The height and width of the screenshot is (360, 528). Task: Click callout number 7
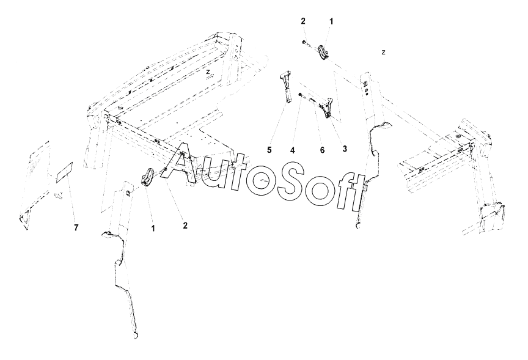coord(76,227)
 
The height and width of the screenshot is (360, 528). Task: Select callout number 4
coord(293,149)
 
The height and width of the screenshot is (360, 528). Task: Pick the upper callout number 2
coord(303,21)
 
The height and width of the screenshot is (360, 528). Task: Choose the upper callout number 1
coord(331,21)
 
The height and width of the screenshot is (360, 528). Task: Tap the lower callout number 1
coord(153,229)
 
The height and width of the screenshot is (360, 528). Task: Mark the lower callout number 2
coord(185,226)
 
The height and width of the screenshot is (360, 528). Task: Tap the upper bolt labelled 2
coord(304,42)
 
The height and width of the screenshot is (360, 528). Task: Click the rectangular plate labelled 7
coord(64,173)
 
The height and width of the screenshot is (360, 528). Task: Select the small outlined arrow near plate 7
coord(59,196)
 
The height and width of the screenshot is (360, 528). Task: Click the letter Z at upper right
coord(383,53)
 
